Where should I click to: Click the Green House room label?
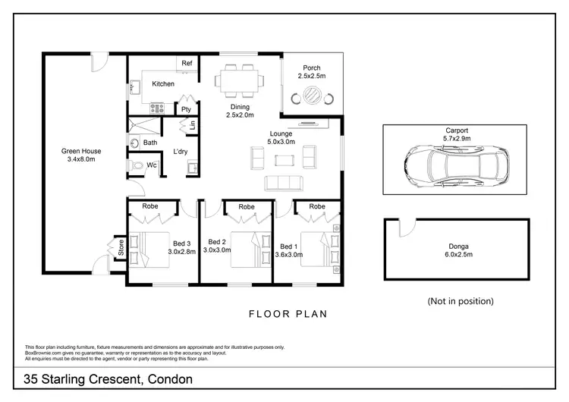(x=81, y=151)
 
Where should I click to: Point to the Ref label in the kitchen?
(x=187, y=62)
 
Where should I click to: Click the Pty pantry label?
(x=185, y=108)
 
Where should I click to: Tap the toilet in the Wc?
(x=137, y=165)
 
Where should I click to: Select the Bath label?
(x=150, y=143)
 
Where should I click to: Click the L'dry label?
(x=181, y=152)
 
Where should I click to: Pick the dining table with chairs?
(x=240, y=78)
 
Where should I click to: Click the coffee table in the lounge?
(x=284, y=159)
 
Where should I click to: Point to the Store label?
(x=119, y=247)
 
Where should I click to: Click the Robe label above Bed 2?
(x=247, y=206)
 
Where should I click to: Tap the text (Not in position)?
(x=460, y=300)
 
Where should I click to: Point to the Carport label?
(x=457, y=130)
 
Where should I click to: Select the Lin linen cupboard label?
(x=192, y=125)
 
